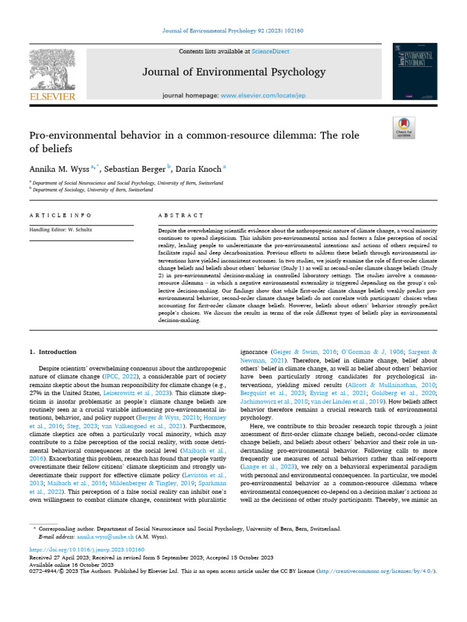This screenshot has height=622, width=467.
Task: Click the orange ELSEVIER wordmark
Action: point(52,96)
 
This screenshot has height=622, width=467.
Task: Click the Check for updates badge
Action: point(404,128)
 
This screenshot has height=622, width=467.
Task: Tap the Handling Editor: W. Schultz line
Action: point(59,230)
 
